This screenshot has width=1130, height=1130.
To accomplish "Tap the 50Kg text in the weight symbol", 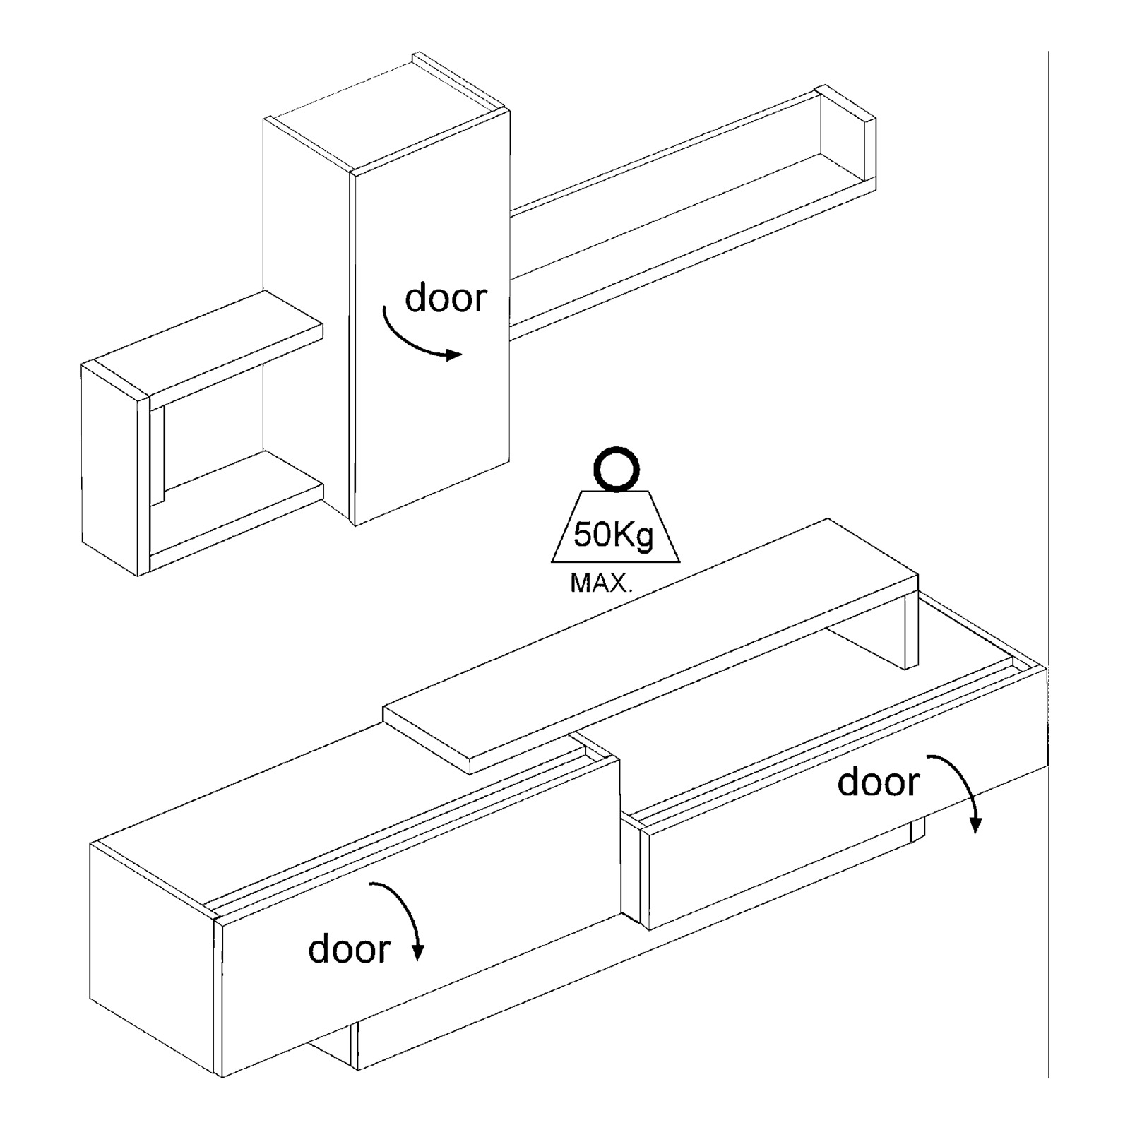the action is point(614,535).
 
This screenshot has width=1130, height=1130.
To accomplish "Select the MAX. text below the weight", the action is point(602,583).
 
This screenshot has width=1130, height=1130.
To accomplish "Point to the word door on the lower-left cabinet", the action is point(349,948).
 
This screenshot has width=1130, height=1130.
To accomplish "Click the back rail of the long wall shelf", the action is point(664,152).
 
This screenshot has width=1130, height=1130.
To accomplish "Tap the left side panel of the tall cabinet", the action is point(307,318).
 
